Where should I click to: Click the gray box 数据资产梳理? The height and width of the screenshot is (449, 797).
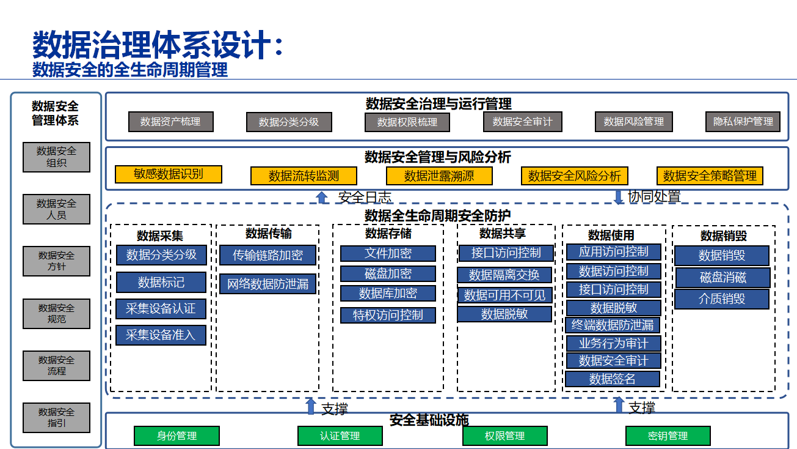(170, 122)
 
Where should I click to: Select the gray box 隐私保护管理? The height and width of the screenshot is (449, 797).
(743, 122)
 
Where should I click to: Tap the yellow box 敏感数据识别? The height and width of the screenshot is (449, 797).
(168, 174)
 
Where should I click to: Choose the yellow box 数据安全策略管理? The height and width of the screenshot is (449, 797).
(710, 176)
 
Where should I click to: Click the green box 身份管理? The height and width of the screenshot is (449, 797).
(177, 436)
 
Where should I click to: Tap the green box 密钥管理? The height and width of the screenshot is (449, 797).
(668, 436)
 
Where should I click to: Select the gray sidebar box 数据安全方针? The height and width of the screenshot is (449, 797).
(56, 261)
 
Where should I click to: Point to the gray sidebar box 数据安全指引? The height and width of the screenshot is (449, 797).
(56, 418)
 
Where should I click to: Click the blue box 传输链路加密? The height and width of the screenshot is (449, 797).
(267, 255)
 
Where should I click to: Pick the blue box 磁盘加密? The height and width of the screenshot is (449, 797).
(388, 273)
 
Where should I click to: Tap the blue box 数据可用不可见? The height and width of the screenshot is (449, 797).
(504, 295)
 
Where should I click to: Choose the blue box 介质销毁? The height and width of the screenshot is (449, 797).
(722, 299)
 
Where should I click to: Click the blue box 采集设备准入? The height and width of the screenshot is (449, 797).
(161, 335)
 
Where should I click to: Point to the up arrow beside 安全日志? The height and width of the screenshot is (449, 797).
(322, 197)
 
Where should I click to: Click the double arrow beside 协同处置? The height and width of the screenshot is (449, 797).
(618, 197)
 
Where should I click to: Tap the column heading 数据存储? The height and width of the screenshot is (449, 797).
(388, 233)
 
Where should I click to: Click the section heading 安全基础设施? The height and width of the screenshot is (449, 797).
(429, 420)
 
